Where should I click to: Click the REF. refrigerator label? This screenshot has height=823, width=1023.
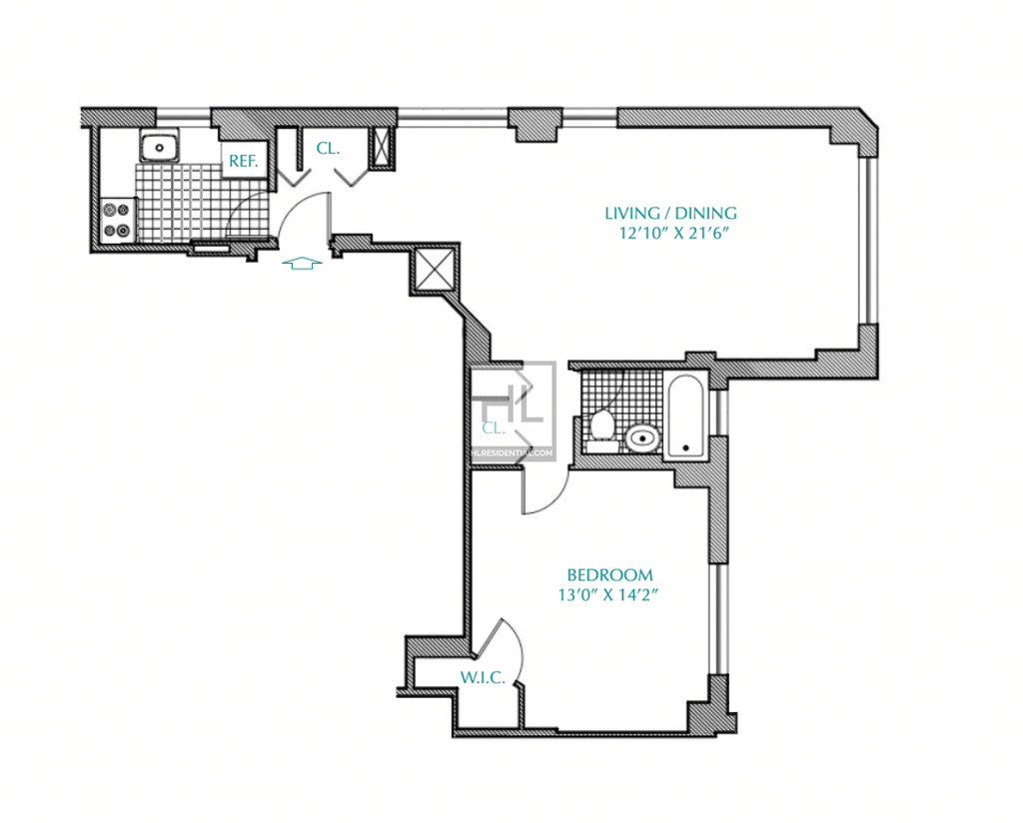(244, 161)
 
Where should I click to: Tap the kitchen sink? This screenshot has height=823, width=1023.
(159, 146)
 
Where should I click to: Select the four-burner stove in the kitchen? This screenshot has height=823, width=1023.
(118, 220)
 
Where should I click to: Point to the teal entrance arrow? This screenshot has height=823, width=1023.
(302, 264)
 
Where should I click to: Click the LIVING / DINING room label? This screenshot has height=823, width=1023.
(670, 214)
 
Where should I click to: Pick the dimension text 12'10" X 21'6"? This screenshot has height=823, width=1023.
(672, 234)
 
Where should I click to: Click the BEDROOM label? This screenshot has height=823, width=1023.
(609, 575)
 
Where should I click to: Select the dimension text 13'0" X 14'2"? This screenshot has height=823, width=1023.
(607, 594)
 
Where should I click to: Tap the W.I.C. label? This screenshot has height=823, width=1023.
(483, 678)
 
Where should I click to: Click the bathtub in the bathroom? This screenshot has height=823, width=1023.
(685, 416)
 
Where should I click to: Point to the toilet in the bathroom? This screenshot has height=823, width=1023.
(601, 430)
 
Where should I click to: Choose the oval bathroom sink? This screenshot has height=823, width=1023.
(642, 438)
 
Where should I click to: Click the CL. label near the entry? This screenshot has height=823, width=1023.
(328, 149)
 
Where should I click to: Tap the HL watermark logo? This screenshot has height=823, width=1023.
(512, 404)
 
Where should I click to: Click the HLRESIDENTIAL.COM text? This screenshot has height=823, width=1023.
(512, 453)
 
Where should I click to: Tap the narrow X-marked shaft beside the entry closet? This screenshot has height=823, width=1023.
(381, 148)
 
